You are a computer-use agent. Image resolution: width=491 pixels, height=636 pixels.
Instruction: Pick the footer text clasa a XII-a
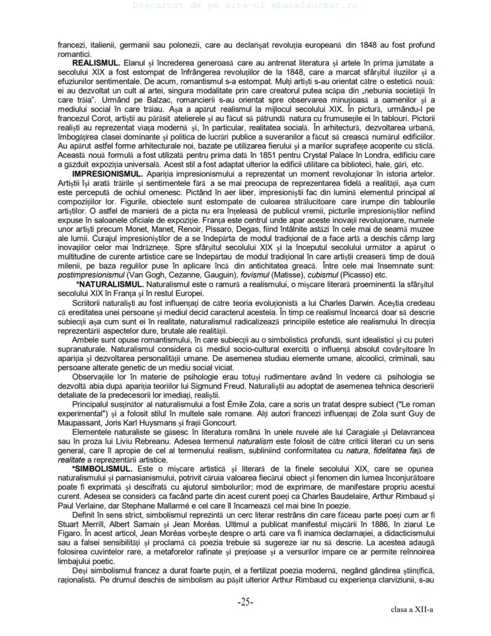click(x=412, y=609)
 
